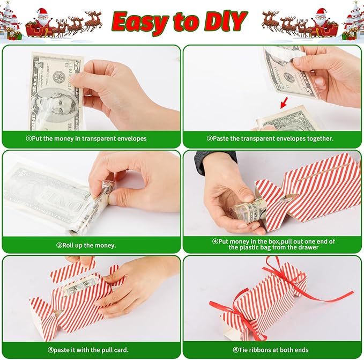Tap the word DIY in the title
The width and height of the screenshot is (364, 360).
pyautogui.click(x=224, y=22)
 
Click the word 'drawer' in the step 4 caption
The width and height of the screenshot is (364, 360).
pyautogui.click(x=307, y=247)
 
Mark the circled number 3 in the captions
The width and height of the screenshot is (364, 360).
pyautogui.click(x=59, y=245)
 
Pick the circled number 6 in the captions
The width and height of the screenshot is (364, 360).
pyautogui.click(x=235, y=350)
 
